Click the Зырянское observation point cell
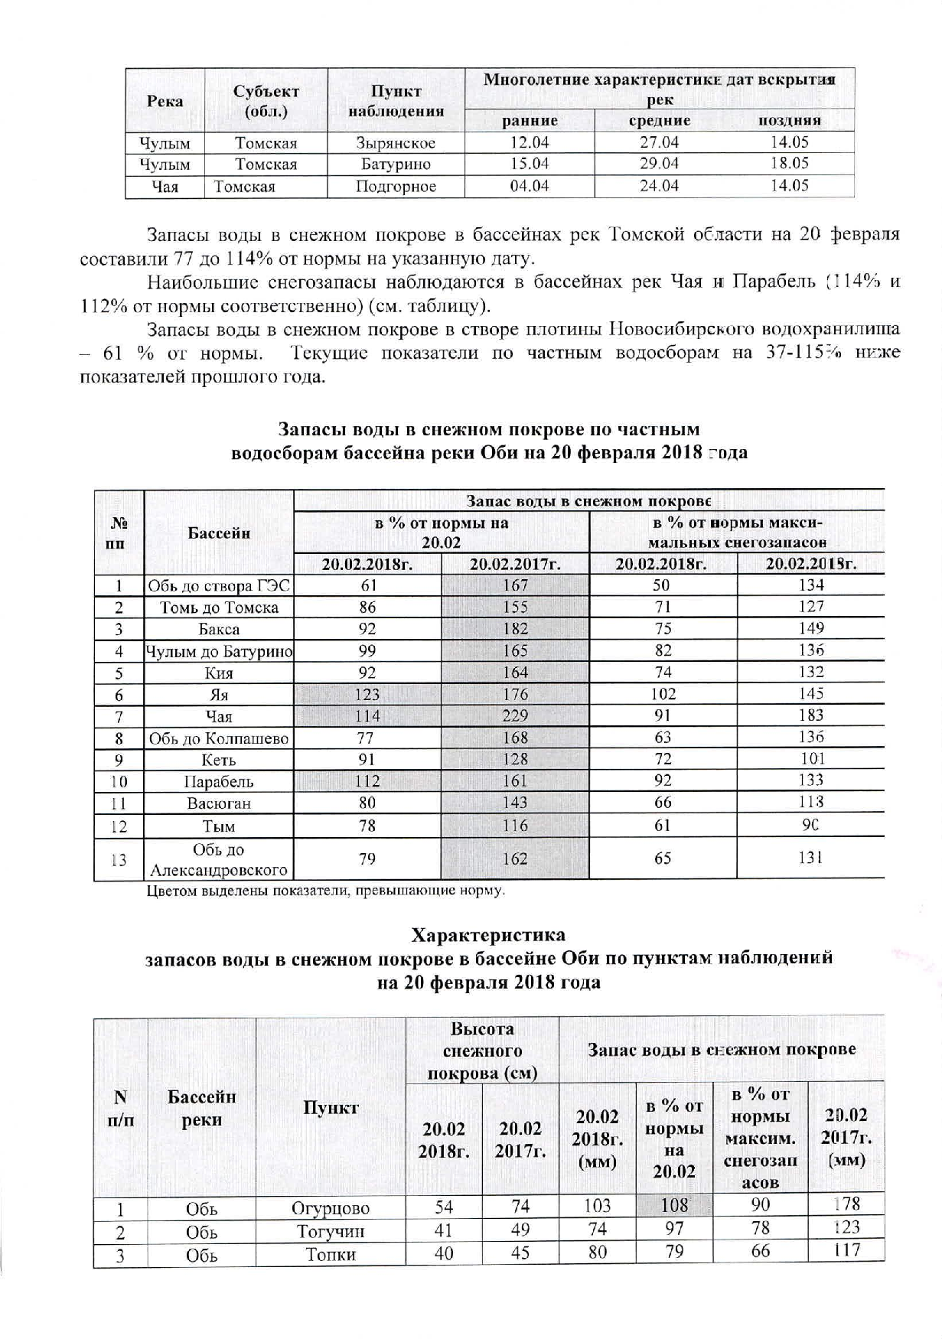[396, 143]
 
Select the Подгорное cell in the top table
[396, 187]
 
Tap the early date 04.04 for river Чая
[530, 186]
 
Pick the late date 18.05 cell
[790, 164]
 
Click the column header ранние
[530, 120]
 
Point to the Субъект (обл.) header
[266, 101]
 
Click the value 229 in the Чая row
[515, 716]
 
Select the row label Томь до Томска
[219, 608]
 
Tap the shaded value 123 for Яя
[367, 695]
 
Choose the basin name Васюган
[219, 803]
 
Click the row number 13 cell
[119, 859]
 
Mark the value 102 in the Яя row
[663, 694]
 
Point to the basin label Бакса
[219, 629]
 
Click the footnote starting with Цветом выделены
[326, 891]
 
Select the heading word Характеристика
[488, 935]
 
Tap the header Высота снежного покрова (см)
[482, 1051]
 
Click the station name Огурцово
[331, 1208]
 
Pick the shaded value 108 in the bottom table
[674, 1206]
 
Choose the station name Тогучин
[331, 1231]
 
